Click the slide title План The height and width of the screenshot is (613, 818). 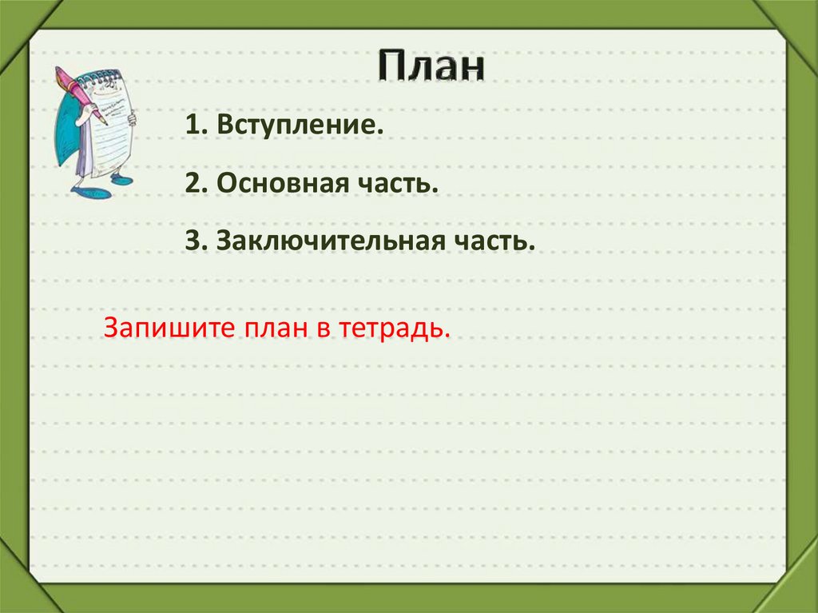[x=431, y=66]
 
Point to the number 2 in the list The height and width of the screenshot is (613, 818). [x=191, y=184]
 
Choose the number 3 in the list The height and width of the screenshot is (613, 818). [x=191, y=241]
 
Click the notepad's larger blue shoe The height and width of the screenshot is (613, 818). [x=91, y=193]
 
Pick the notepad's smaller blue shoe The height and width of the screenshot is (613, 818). [x=121, y=181]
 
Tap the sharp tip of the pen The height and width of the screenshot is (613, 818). [x=107, y=125]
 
